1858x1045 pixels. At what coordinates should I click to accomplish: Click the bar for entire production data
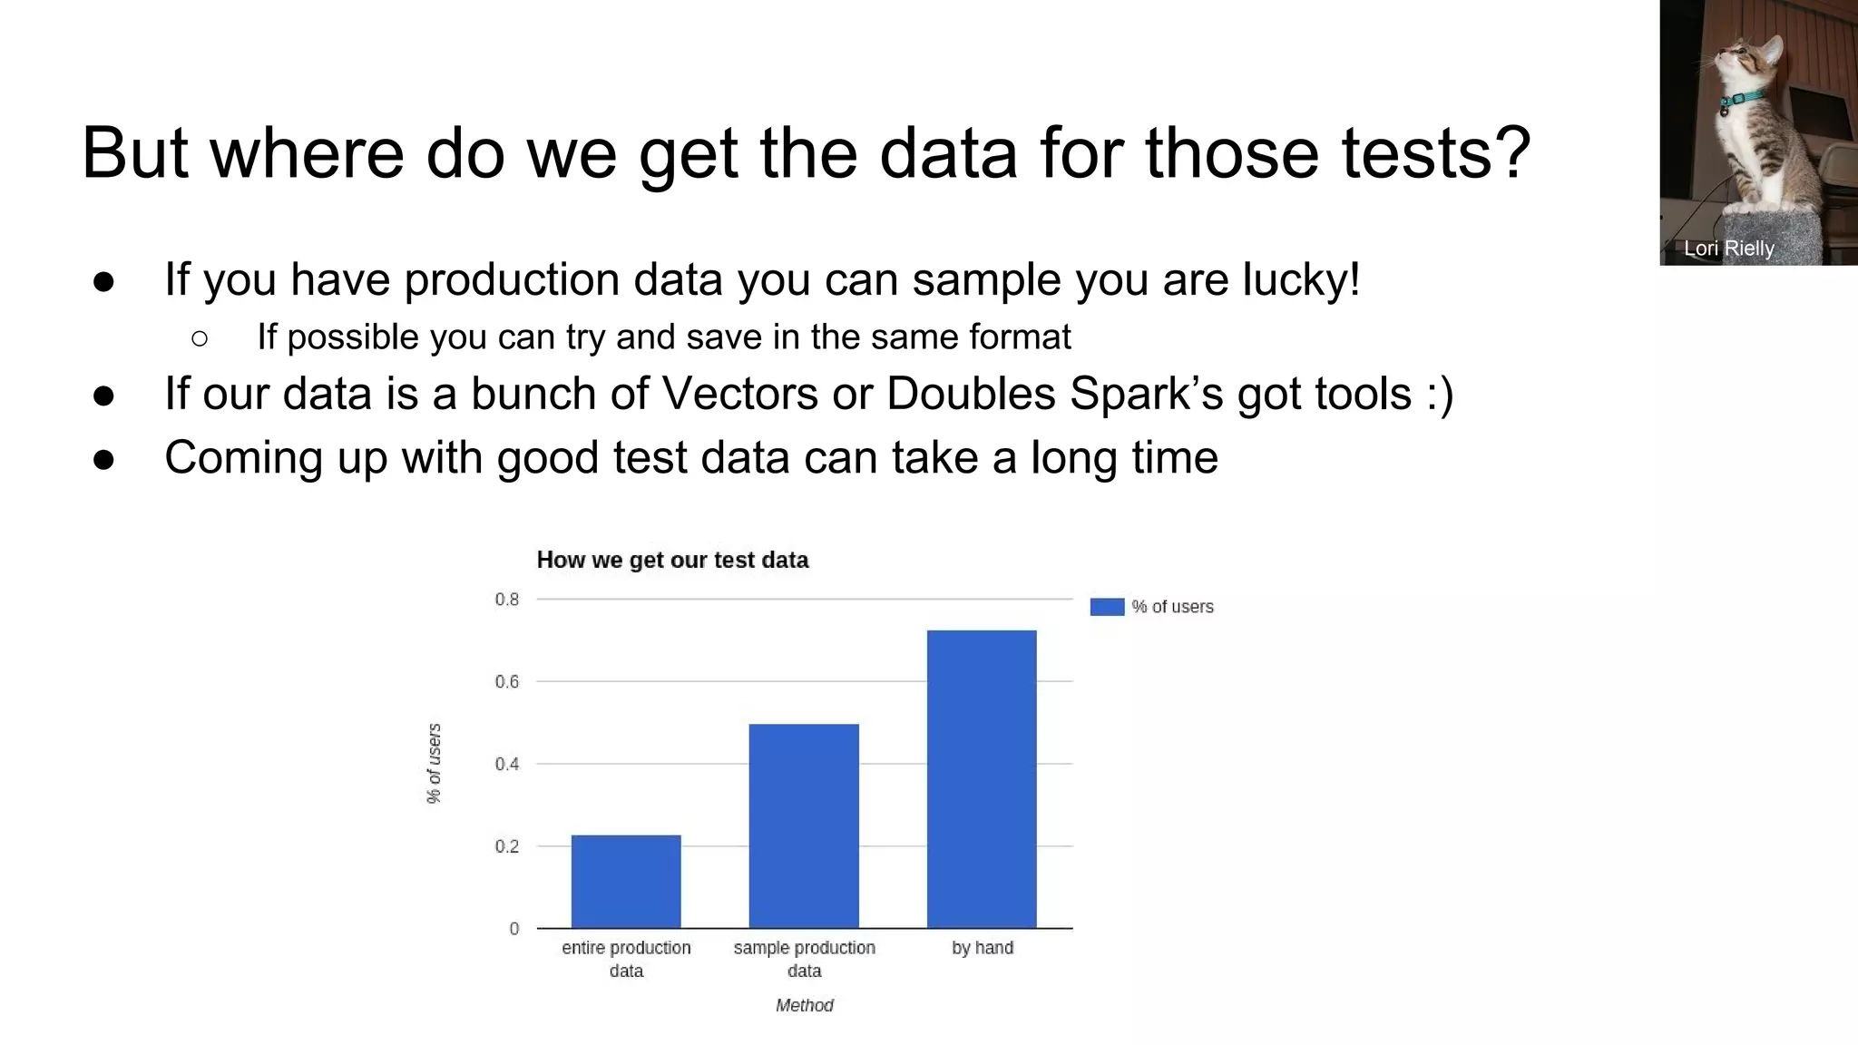click(x=626, y=881)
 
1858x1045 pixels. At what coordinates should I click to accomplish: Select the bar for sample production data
click(x=804, y=825)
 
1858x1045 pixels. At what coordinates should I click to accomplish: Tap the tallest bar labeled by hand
click(x=982, y=778)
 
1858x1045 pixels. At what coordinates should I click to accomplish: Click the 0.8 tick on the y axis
click(x=507, y=600)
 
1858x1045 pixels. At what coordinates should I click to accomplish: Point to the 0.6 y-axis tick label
click(x=507, y=682)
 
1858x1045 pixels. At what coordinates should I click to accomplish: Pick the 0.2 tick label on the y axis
click(x=507, y=847)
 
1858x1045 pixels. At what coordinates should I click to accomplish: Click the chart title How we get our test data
click(x=672, y=560)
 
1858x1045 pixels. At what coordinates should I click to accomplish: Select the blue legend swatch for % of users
click(x=1107, y=607)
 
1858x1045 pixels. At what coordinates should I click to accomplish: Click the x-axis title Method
click(x=804, y=1005)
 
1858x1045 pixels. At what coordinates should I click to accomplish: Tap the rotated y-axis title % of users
click(x=435, y=763)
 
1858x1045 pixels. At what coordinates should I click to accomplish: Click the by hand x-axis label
click(x=982, y=948)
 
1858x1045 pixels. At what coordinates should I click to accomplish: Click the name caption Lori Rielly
click(x=1728, y=249)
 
